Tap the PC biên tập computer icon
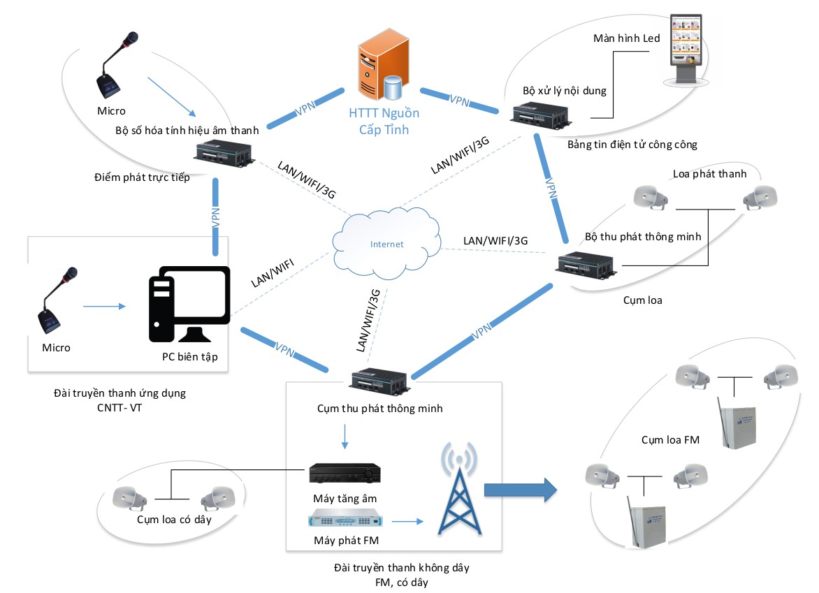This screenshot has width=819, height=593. (x=189, y=304)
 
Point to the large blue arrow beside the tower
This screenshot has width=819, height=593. (x=521, y=489)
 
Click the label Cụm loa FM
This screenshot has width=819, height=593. (x=670, y=440)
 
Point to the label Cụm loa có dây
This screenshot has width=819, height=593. (x=173, y=520)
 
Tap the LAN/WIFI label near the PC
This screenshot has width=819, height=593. (x=273, y=272)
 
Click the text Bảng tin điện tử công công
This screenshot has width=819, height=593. (x=633, y=145)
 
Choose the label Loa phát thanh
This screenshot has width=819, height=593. (x=709, y=174)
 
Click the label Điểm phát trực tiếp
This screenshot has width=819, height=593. (x=142, y=177)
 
